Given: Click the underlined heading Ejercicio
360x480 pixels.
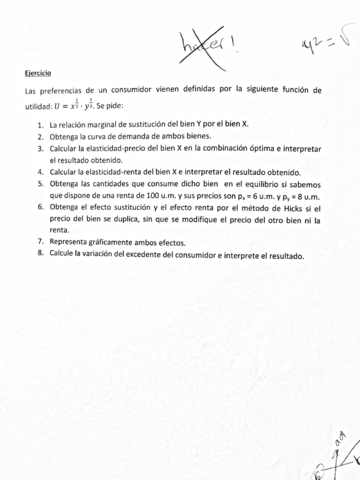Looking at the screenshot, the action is [x=38, y=74].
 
